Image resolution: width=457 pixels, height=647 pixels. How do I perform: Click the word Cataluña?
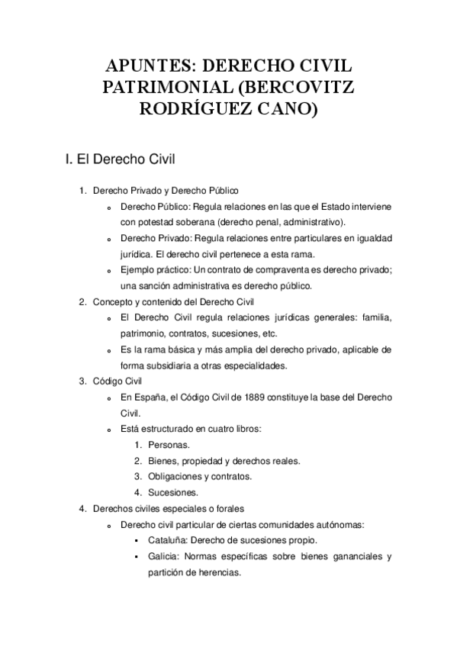(169, 540)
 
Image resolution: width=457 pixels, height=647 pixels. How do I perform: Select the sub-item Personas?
(169, 444)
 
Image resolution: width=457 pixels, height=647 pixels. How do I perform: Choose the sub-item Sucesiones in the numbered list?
(173, 492)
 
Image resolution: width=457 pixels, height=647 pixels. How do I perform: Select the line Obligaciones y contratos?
(200, 476)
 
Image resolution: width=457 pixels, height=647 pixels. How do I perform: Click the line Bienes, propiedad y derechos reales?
(224, 460)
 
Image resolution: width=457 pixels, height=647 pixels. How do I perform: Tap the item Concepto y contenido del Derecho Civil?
(172, 301)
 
